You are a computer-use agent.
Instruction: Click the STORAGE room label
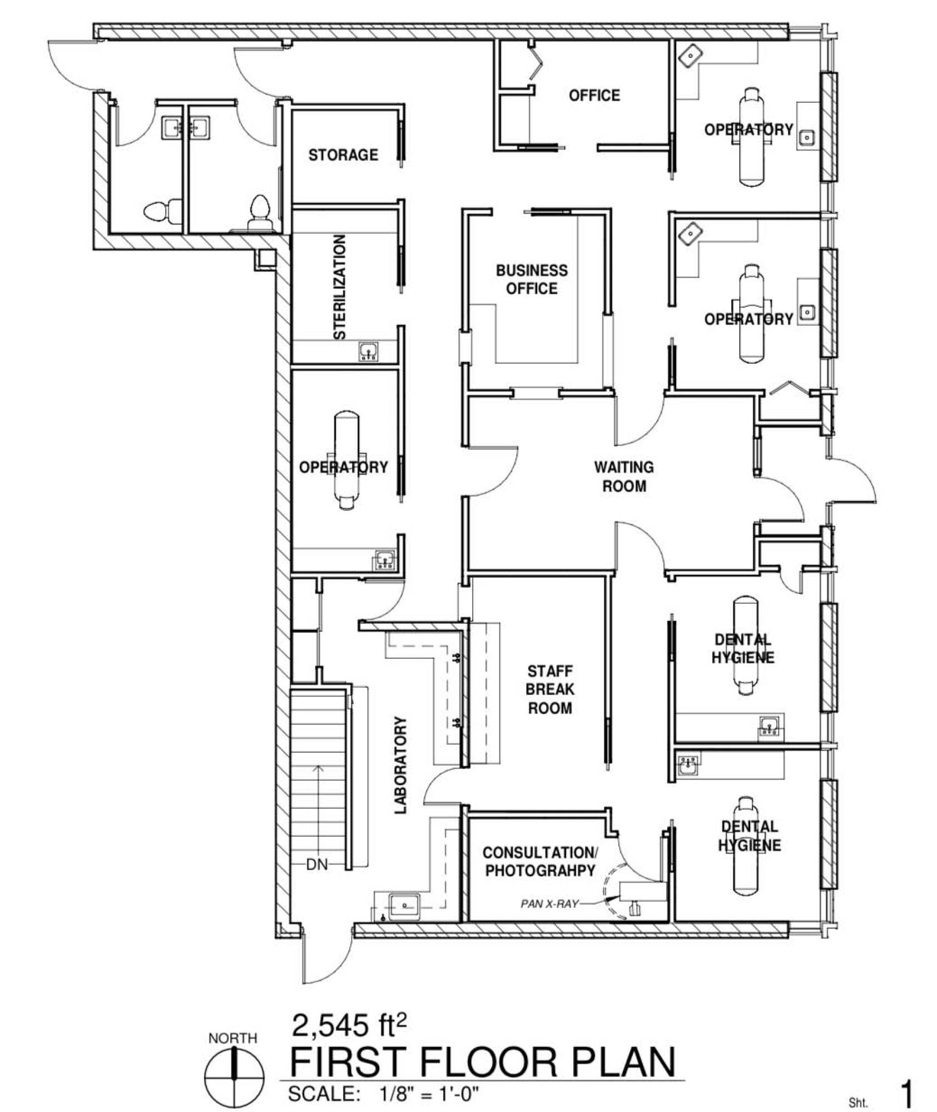coord(343,155)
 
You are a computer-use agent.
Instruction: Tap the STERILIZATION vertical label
coord(340,287)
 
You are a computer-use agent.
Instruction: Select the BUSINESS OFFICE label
coord(532,279)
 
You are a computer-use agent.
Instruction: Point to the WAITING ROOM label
coord(624,476)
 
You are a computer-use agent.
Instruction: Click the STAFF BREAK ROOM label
coord(549,689)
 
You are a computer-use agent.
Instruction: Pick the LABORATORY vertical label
coord(401,766)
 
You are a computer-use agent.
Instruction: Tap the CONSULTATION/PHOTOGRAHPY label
coord(540,861)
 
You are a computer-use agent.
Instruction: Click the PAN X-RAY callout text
coord(549,904)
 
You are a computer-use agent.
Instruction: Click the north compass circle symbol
coord(234,1076)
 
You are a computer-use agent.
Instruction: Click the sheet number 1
coord(906,1094)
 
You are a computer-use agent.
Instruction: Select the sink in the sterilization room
coord(369,351)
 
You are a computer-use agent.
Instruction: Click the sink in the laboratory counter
coord(404,907)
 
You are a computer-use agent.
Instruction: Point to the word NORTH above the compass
coord(233,1038)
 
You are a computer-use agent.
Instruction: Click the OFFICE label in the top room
coord(594,96)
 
